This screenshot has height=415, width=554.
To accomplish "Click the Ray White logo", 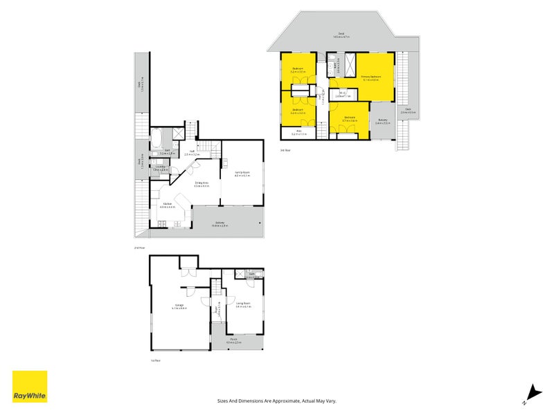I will tap(30, 387).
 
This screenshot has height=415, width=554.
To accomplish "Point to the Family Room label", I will tap(242, 174).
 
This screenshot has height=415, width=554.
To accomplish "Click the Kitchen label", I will tap(168, 204).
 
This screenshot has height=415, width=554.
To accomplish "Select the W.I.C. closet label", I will tap(342, 95).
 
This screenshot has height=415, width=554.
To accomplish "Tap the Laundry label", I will tap(159, 168).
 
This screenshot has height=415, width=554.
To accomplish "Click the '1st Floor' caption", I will tap(155, 360).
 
